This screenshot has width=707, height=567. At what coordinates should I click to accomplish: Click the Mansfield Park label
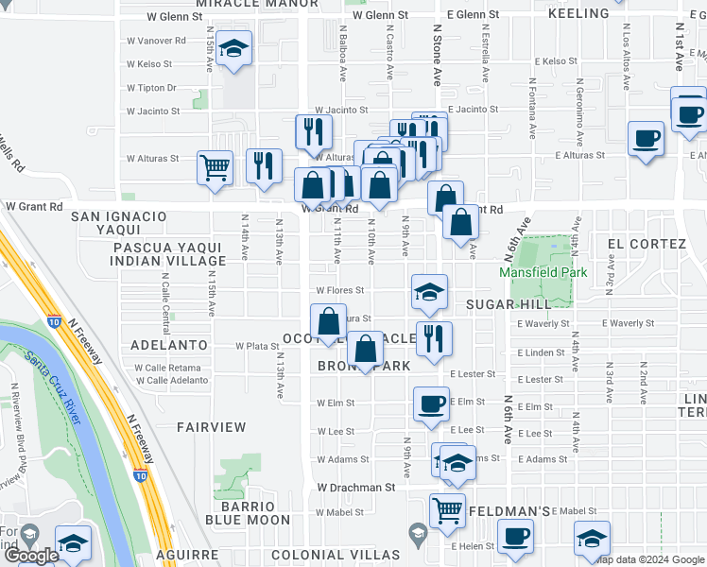[x=543, y=272]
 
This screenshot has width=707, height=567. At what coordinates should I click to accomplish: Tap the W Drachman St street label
[x=355, y=487]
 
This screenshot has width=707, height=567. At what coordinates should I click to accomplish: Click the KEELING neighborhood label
[x=578, y=13]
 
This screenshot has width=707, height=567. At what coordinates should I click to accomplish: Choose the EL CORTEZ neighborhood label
[x=647, y=244]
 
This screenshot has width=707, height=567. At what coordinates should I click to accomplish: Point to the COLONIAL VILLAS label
[x=335, y=554]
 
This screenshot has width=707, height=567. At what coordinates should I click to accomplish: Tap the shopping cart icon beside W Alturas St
[x=215, y=167]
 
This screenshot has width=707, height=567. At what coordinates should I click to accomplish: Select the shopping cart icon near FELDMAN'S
[x=447, y=509]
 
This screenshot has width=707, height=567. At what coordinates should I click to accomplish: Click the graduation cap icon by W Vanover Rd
[x=233, y=48]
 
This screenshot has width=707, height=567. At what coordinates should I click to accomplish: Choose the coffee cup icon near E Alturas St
[x=646, y=138]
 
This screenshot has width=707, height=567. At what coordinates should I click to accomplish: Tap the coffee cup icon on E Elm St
[x=431, y=404]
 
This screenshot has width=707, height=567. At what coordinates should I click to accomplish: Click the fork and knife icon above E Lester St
[x=434, y=337]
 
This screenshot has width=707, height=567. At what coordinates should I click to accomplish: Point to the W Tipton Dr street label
[x=152, y=88]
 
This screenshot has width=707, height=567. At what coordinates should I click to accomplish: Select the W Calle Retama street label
[x=172, y=368]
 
